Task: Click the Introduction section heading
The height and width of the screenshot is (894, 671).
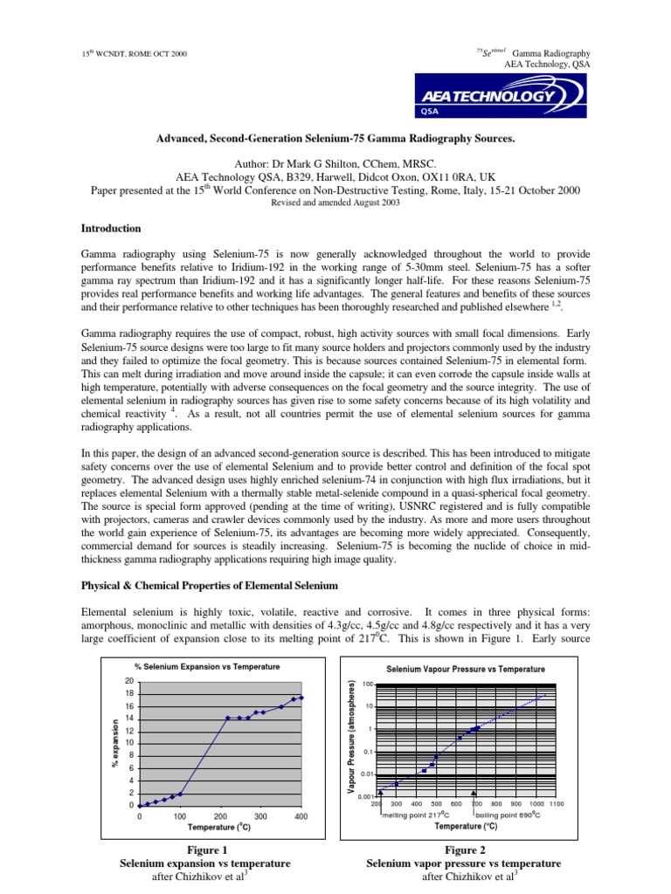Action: coord(111,228)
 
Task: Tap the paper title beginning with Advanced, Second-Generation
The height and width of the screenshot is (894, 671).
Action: coord(335,139)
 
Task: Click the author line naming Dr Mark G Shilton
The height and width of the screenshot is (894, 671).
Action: coord(335,162)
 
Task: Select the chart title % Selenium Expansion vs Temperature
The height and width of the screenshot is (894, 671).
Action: coord(207,666)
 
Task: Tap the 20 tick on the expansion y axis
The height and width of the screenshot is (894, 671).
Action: coord(128,681)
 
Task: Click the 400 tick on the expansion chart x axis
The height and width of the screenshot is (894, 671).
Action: coord(301,816)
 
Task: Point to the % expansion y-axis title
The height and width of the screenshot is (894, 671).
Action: coord(115,743)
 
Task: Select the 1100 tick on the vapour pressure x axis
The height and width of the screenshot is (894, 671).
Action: coord(557,803)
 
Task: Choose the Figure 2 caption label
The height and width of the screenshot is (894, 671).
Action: coord(463,849)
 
